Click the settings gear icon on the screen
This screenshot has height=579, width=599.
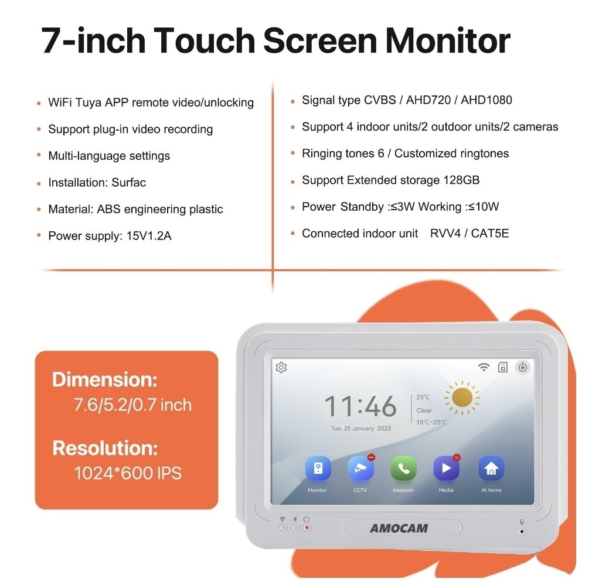tap(281, 367)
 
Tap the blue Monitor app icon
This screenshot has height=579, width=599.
tap(318, 468)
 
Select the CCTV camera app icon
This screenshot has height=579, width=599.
tap(360, 468)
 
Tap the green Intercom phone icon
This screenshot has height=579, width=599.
tap(403, 468)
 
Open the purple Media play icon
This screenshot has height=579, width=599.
tap(446, 468)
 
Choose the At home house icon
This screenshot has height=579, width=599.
tap(491, 468)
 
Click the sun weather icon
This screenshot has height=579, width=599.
tap(462, 398)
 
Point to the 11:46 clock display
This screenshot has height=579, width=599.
tap(360, 406)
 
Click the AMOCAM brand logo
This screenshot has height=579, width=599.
tap(399, 528)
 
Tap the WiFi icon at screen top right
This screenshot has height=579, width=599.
tap(484, 367)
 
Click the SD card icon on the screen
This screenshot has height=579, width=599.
tap(503, 367)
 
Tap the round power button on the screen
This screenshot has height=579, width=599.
tap(523, 367)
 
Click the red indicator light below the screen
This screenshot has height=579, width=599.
tap(307, 528)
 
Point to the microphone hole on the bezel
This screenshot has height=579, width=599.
tap(522, 532)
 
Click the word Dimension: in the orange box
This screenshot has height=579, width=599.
tap(105, 380)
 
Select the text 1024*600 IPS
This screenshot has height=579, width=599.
tap(128, 473)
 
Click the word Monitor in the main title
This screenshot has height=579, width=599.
tap(448, 40)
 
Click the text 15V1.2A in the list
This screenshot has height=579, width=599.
tap(149, 235)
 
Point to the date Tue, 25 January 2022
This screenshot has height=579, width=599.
tap(361, 428)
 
